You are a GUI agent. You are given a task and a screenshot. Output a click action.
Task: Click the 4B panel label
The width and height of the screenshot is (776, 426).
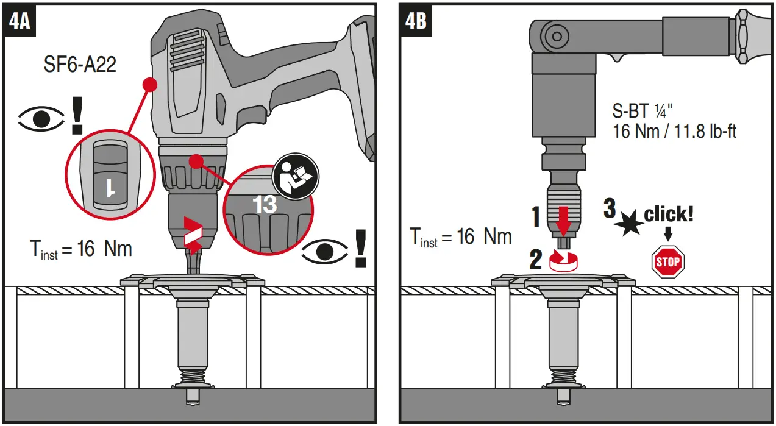point(416,22)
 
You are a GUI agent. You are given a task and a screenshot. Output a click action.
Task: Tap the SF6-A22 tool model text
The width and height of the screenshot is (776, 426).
point(80,65)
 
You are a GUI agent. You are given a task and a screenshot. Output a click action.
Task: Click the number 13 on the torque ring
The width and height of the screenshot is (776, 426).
point(265,204)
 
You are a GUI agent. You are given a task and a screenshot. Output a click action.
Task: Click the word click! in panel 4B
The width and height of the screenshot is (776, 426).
point(669,215)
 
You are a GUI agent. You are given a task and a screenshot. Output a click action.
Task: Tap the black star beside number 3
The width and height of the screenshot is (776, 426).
point(628,224)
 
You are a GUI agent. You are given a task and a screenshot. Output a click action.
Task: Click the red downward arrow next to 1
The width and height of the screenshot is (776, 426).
point(564,220)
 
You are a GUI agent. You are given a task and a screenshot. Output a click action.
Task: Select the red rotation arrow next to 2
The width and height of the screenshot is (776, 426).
point(564,260)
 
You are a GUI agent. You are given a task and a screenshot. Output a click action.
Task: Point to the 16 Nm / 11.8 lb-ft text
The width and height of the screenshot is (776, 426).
point(674,130)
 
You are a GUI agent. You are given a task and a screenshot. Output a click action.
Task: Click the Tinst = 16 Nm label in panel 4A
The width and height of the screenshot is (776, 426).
point(80,249)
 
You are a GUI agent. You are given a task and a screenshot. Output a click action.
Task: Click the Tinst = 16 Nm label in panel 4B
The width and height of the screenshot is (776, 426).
point(460,236)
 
